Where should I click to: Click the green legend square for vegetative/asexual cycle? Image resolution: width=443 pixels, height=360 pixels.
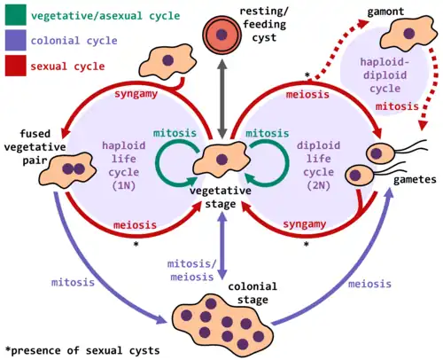point(15,15)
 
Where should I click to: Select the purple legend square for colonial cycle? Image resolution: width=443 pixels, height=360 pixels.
point(15,40)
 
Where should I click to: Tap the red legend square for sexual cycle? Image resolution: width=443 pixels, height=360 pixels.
point(15,66)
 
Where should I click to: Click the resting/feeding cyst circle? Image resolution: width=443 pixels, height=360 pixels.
point(221,35)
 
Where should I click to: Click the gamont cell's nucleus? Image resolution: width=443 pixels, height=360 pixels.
point(408,34)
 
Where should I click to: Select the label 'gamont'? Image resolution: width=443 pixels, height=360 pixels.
point(385,12)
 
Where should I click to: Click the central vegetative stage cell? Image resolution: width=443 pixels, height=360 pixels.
point(221,159)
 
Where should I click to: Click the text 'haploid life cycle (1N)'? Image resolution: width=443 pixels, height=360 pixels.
point(124,166)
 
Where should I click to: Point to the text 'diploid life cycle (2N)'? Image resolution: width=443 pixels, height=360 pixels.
point(318,166)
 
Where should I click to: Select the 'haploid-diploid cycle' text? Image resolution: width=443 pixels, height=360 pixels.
point(385,75)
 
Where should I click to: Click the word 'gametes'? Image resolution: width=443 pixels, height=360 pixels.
point(415,180)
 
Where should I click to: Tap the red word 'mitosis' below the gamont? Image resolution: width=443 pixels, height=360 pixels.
point(397,106)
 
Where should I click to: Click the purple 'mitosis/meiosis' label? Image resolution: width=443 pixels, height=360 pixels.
point(192,270)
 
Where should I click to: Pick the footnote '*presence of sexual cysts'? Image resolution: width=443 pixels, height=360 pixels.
point(82,350)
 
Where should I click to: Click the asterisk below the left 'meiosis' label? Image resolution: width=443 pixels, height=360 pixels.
point(136,244)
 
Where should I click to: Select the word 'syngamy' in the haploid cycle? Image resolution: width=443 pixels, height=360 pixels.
point(136,94)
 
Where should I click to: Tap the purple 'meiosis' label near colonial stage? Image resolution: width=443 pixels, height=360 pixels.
point(369,284)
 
